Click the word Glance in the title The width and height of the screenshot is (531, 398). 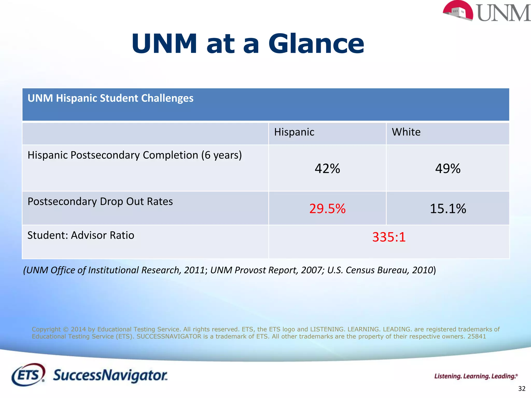tap(316, 44)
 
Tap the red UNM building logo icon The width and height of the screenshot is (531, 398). tap(458, 11)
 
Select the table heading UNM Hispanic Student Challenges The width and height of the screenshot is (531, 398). tap(110, 98)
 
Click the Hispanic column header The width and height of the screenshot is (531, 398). tap(294, 132)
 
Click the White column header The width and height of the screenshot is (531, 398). tap(406, 132)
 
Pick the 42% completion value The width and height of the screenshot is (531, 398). tap(327, 169)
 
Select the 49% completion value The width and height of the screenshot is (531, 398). tap(448, 169)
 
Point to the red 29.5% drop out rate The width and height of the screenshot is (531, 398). tap(327, 209)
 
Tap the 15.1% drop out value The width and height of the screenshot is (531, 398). tap(448, 209)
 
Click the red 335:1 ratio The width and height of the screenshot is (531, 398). tap(389, 237)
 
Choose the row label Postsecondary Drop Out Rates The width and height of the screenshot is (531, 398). tap(100, 202)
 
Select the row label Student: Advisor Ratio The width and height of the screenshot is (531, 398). tap(81, 235)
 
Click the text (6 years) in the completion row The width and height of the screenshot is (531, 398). tap(222, 155)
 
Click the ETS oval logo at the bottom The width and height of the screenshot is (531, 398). tap(28, 375)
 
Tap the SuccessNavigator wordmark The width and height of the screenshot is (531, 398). tap(110, 375)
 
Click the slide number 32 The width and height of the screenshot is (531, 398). tap(522, 389)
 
